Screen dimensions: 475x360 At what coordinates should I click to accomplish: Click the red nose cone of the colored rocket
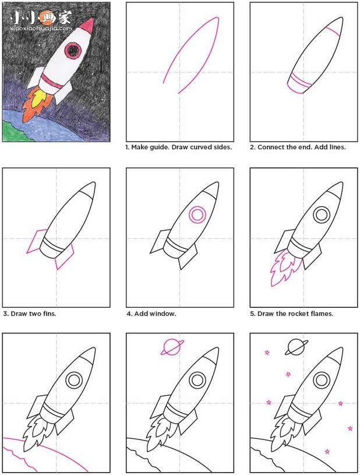(87, 27)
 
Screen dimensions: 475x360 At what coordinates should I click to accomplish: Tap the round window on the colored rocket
(73, 52)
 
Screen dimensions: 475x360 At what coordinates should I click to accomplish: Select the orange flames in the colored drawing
(34, 104)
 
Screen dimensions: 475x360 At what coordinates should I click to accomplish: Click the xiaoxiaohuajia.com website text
(41, 27)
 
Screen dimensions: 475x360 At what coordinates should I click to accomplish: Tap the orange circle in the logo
(47, 16)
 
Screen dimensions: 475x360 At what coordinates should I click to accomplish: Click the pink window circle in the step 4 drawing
(197, 215)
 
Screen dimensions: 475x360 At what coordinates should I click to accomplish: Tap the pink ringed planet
(172, 347)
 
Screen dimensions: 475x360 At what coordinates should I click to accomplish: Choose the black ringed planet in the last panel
(295, 347)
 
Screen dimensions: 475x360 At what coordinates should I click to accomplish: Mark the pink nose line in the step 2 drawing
(334, 27)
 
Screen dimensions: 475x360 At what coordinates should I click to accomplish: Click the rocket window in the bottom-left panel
(74, 380)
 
